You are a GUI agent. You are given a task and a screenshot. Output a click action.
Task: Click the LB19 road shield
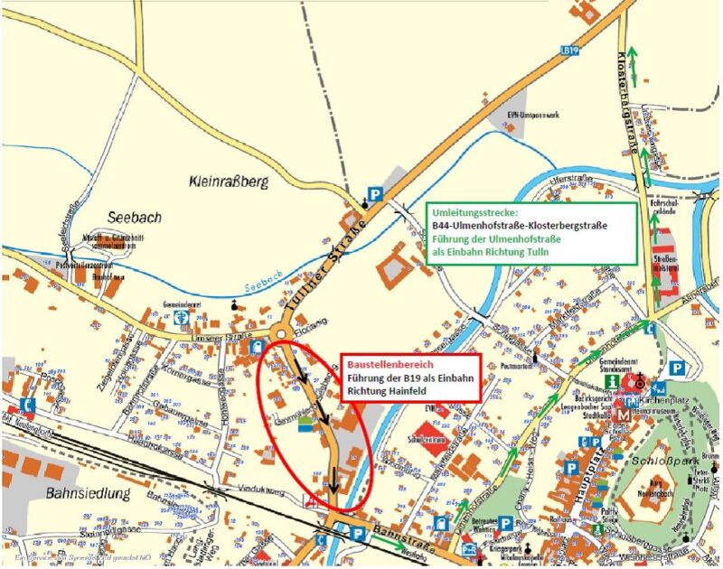tap(568, 51)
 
